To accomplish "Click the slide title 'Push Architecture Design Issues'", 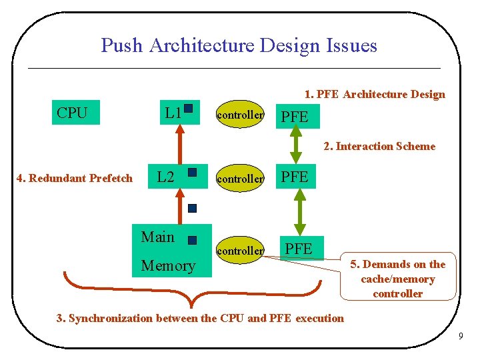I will click(x=239, y=45).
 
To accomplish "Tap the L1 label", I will click(x=173, y=113).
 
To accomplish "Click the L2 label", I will click(x=165, y=177).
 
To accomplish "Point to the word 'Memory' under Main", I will click(x=168, y=265).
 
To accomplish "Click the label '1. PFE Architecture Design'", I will click(x=375, y=94).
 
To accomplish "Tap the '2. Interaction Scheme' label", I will click(x=379, y=146).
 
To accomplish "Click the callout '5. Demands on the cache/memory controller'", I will click(x=398, y=279).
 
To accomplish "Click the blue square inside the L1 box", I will click(x=189, y=108).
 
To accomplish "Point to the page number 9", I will click(x=460, y=336).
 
